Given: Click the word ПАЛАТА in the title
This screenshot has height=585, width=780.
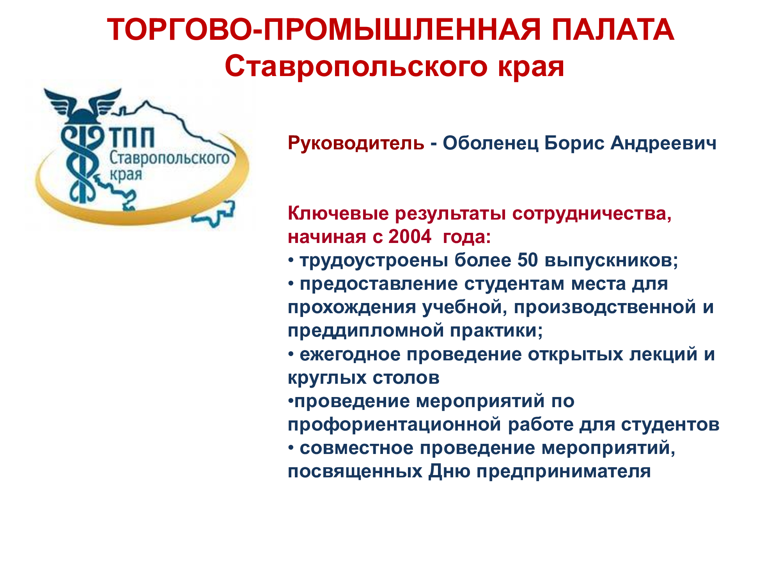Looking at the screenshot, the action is pos(613,30).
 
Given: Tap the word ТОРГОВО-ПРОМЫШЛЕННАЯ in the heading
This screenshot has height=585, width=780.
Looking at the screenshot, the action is pos(324,30).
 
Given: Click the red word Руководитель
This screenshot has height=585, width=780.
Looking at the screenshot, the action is pos(356,143).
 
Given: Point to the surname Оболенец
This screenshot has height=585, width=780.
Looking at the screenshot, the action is pos(491,143).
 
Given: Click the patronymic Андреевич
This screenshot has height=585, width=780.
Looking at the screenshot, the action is pos(663,143).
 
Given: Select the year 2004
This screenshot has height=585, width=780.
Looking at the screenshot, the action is pos(410,236).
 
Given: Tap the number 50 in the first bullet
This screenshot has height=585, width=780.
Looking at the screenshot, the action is pos(528,260).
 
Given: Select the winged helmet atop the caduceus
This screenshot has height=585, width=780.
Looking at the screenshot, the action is pos(83,105).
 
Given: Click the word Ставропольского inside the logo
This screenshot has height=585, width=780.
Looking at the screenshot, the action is pos(169,158).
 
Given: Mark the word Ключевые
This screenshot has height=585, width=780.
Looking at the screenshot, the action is pos(339,213).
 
